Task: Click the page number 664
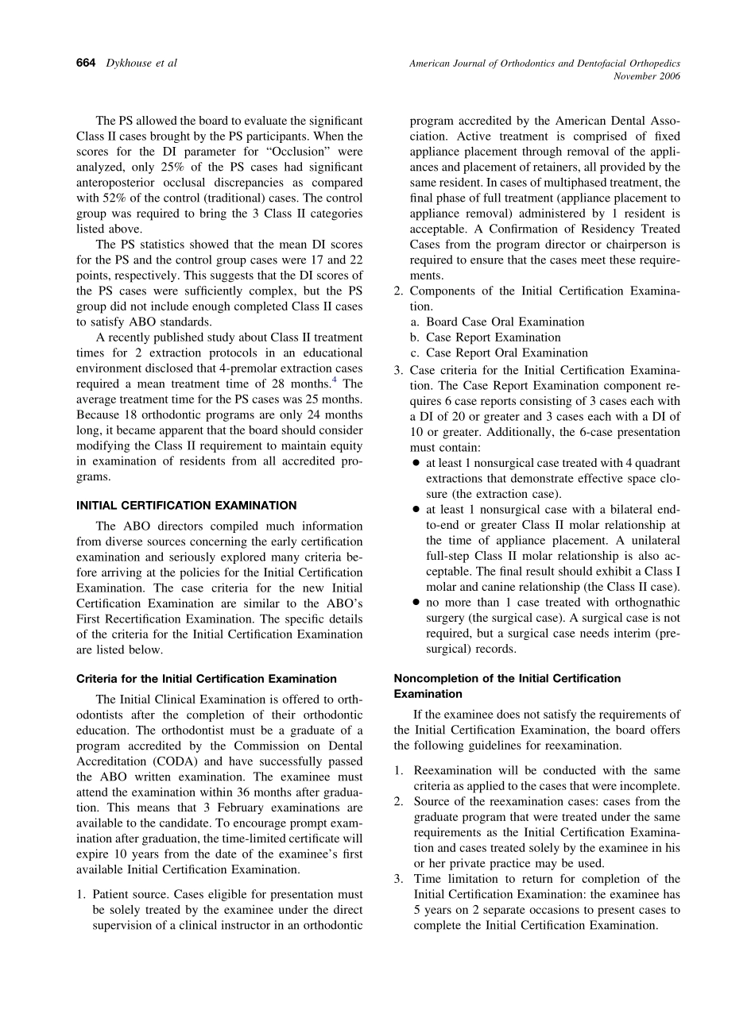pyautogui.click(x=86, y=63)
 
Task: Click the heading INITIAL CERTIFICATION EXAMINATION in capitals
pyautogui.click(x=186, y=505)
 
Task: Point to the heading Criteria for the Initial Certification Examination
pyautogui.click(x=206, y=679)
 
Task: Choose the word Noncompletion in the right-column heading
pyautogui.click(x=432, y=678)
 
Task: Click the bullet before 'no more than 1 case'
pyautogui.click(x=416, y=603)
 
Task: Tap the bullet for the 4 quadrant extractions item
pyautogui.click(x=416, y=463)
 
